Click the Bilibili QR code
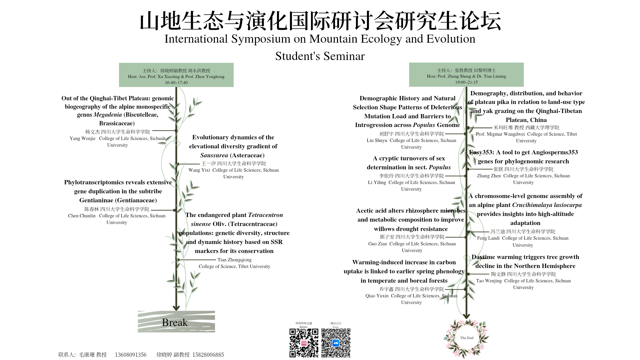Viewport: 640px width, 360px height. pyautogui.click(x=304, y=343)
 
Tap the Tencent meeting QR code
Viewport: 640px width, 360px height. pyautogui.click(x=336, y=343)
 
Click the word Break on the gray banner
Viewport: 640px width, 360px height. pyautogui.click(x=175, y=323)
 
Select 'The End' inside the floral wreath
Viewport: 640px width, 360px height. pyautogui.click(x=467, y=338)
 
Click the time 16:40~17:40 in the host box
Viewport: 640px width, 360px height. pyautogui.click(x=176, y=83)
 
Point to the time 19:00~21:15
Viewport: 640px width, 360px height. pyautogui.click(x=466, y=82)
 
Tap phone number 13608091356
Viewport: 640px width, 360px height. pyautogui.click(x=131, y=355)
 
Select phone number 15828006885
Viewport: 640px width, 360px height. pyautogui.click(x=208, y=355)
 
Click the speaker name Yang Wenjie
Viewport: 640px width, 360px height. pyautogui.click(x=82, y=139)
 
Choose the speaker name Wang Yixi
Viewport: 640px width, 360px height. pyautogui.click(x=199, y=170)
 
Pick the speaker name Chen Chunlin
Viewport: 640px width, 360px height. pyautogui.click(x=82, y=216)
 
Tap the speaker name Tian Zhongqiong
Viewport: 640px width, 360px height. pyautogui.click(x=234, y=260)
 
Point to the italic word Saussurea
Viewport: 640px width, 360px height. pyautogui.click(x=214, y=155)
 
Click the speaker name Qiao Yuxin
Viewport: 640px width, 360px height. pyautogui.click(x=377, y=296)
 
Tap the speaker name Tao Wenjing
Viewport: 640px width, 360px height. pyautogui.click(x=489, y=281)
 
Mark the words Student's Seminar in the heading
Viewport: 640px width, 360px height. pyautogui.click(x=320, y=56)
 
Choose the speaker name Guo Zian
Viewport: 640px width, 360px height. pyautogui.click(x=377, y=244)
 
